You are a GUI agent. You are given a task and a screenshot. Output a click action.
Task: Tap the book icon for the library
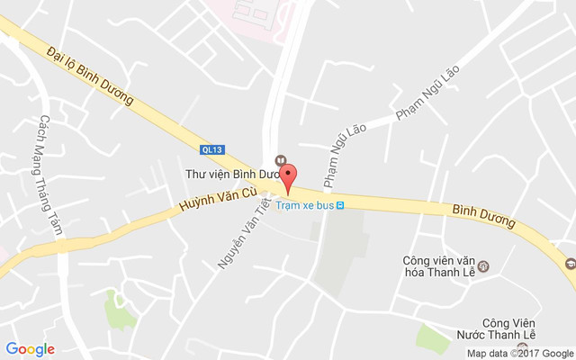pyautogui.click(x=280, y=161)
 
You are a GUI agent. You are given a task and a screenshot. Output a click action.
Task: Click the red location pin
pyautogui.click(x=288, y=178)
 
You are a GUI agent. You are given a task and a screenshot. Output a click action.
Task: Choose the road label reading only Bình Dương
pyautogui.click(x=482, y=215)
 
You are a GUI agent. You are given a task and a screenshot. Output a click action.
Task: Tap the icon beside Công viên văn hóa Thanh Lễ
pyautogui.click(x=483, y=266)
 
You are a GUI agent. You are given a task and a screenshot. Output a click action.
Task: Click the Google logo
pyautogui.click(x=30, y=349)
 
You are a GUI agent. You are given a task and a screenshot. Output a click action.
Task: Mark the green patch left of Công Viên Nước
pyautogui.click(x=433, y=338)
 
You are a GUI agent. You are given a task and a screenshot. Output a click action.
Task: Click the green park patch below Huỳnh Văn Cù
pyautogui.click(x=118, y=310)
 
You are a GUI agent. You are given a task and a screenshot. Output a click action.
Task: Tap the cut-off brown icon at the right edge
pyautogui.click(x=570, y=265)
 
